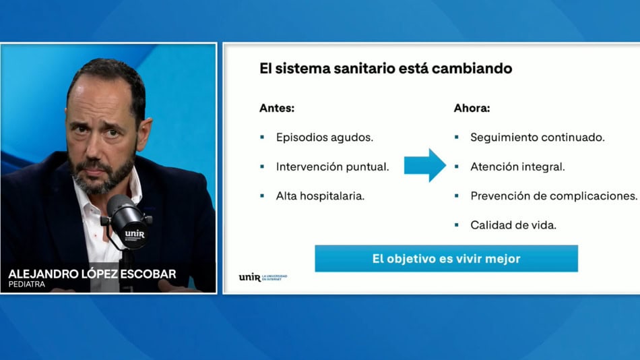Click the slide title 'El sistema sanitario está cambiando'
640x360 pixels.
[x=386, y=68]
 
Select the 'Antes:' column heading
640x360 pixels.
[x=277, y=108]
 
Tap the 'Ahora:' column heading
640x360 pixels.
[x=472, y=108]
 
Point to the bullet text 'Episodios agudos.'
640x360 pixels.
[x=325, y=138]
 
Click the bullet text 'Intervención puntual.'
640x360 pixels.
[x=332, y=167]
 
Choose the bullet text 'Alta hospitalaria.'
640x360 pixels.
[x=320, y=196]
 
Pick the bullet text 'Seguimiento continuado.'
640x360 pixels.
[x=537, y=138]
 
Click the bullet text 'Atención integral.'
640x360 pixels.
[x=517, y=167]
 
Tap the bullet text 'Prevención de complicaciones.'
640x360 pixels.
[x=554, y=196]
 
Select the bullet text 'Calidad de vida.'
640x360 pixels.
[x=513, y=225]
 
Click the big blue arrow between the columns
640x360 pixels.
[x=424, y=165]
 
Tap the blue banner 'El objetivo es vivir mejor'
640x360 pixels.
[x=446, y=259]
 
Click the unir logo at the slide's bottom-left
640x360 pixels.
[x=263, y=278]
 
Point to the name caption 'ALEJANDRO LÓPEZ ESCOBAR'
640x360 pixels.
[x=92, y=274]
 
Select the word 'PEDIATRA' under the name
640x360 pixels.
[x=26, y=284]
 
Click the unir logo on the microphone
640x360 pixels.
[x=135, y=235]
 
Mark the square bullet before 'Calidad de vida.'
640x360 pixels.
[x=456, y=224]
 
